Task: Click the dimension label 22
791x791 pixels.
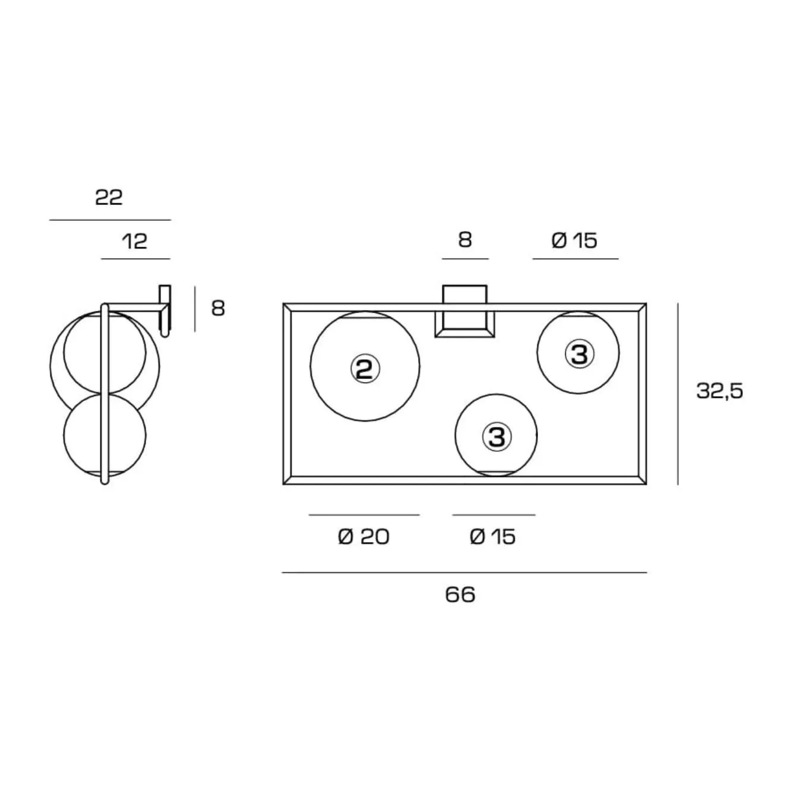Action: coord(109,197)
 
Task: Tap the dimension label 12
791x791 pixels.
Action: coord(135,241)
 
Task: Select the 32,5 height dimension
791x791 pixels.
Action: coord(720,391)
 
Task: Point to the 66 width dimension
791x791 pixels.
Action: coord(460,595)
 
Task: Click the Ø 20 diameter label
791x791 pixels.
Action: coord(363,537)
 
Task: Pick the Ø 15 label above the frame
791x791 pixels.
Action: coord(574,241)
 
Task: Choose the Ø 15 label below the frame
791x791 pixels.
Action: coord(492,537)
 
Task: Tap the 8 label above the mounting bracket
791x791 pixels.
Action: coord(465,240)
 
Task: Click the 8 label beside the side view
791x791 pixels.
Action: coord(218,308)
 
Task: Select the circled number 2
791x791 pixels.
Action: coord(365,369)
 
